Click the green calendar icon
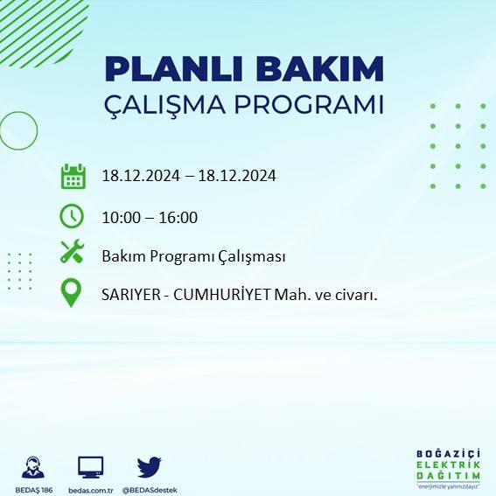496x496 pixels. (73, 176)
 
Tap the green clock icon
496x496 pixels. (72, 215)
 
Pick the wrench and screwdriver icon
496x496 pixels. (72, 253)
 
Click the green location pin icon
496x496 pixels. (72, 291)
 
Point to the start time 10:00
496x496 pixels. (120, 218)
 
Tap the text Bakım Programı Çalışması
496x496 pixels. (193, 257)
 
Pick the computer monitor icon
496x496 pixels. (91, 465)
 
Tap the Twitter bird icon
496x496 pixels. (149, 465)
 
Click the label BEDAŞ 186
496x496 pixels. (35, 489)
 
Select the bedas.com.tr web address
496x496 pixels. (91, 489)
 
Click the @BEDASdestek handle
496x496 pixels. (149, 489)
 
